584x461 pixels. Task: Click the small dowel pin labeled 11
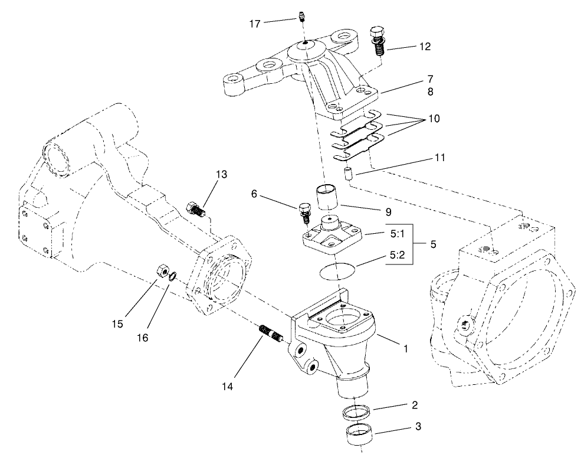(348, 174)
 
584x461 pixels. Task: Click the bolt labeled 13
(195, 208)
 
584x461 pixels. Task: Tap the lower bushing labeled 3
(359, 436)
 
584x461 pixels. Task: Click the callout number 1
(405, 348)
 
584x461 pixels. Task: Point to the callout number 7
(431, 79)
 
